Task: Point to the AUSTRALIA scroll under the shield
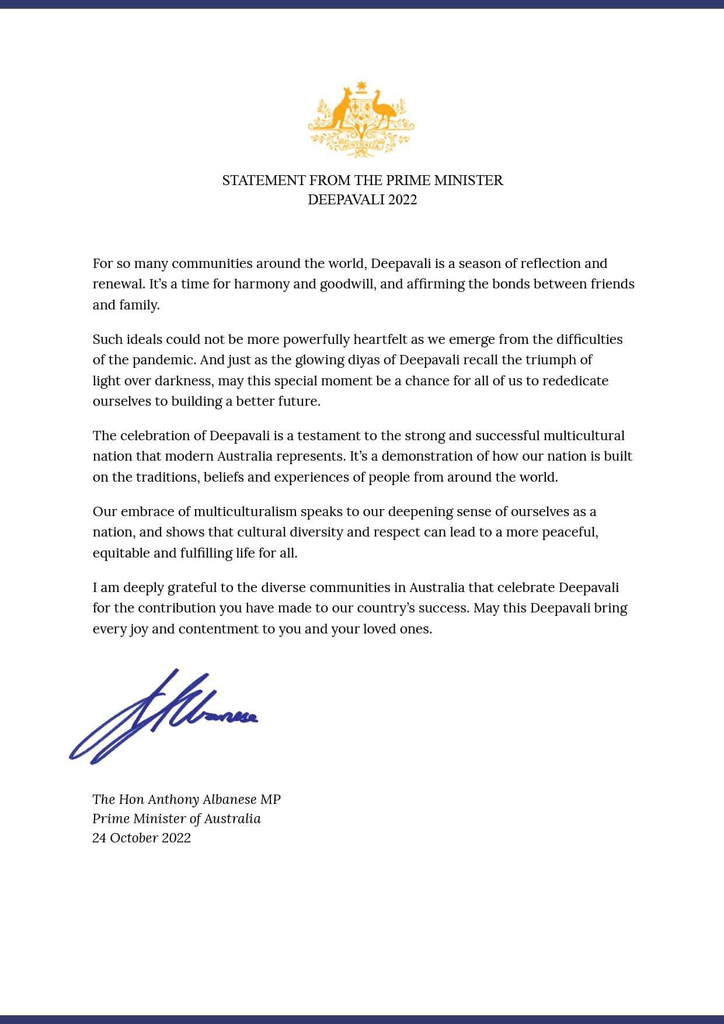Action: [361, 146]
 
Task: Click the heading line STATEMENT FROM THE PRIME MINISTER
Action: [362, 180]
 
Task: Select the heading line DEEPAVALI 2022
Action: [362, 200]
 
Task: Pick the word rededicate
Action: [575, 381]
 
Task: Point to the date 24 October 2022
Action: [141, 838]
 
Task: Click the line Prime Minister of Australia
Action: [176, 818]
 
